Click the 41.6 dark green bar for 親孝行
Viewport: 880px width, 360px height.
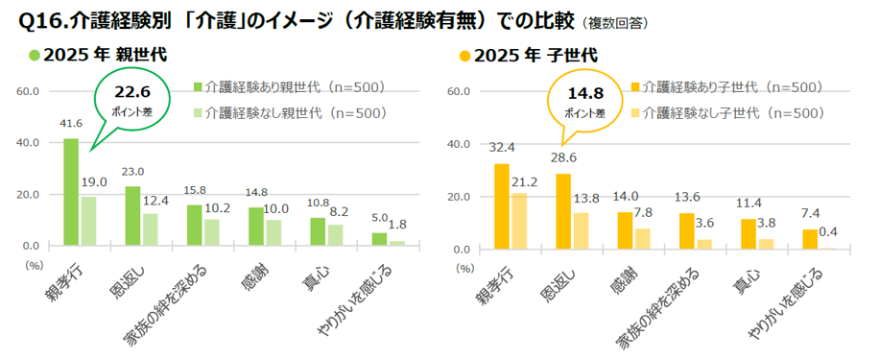tap(71, 192)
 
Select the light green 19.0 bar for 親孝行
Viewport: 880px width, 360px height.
tap(86, 221)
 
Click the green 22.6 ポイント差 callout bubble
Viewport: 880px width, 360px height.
tap(133, 100)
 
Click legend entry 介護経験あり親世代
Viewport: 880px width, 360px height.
tap(288, 87)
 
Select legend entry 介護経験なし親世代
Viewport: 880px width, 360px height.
tap(288, 112)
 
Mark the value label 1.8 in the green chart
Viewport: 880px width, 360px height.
tap(396, 225)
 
